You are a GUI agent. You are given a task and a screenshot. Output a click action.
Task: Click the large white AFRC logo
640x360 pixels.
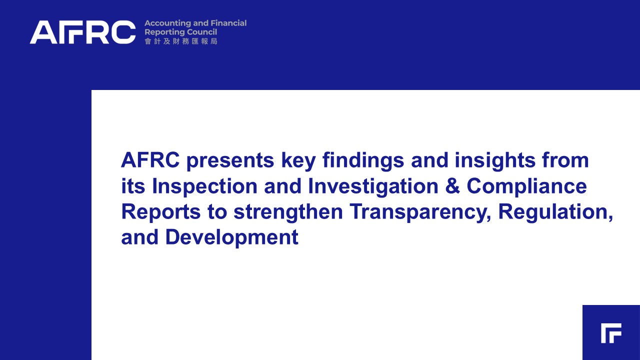tap(83, 32)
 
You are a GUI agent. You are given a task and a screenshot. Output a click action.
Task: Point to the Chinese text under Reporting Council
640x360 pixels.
tap(181, 41)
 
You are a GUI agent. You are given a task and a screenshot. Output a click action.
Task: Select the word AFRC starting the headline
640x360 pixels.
tap(150, 160)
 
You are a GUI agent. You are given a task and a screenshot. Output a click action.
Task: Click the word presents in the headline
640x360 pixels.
tap(230, 161)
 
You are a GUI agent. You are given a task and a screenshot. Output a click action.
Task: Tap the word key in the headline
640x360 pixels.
tap(298, 161)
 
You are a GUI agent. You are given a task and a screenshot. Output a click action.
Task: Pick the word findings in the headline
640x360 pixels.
tap(363, 161)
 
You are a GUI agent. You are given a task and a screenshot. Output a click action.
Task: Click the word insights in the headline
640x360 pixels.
tap(495, 161)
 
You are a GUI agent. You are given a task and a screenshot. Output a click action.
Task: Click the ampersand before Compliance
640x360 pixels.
tap(452, 186)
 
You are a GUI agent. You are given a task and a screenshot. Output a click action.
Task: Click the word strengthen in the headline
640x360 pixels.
tap(288, 212)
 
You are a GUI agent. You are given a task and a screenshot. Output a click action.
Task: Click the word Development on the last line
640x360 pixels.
tap(232, 238)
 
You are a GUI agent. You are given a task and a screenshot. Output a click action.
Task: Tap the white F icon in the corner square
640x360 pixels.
tap(611, 333)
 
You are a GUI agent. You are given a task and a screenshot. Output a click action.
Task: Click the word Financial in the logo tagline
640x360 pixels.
tap(228, 23)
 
